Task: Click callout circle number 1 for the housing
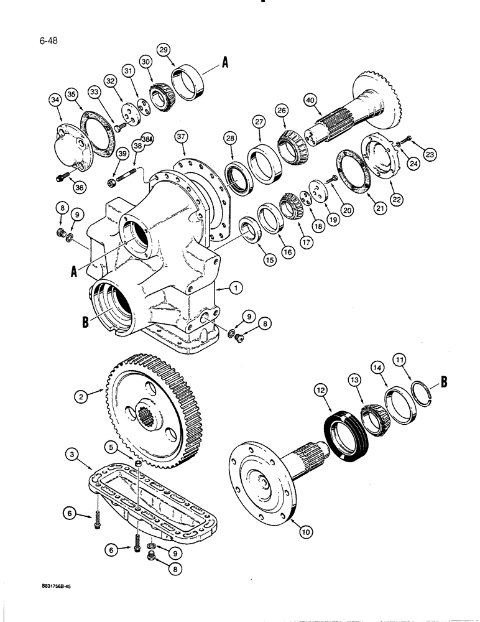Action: pyautogui.click(x=235, y=287)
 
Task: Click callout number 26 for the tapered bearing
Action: pyautogui.click(x=282, y=111)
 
